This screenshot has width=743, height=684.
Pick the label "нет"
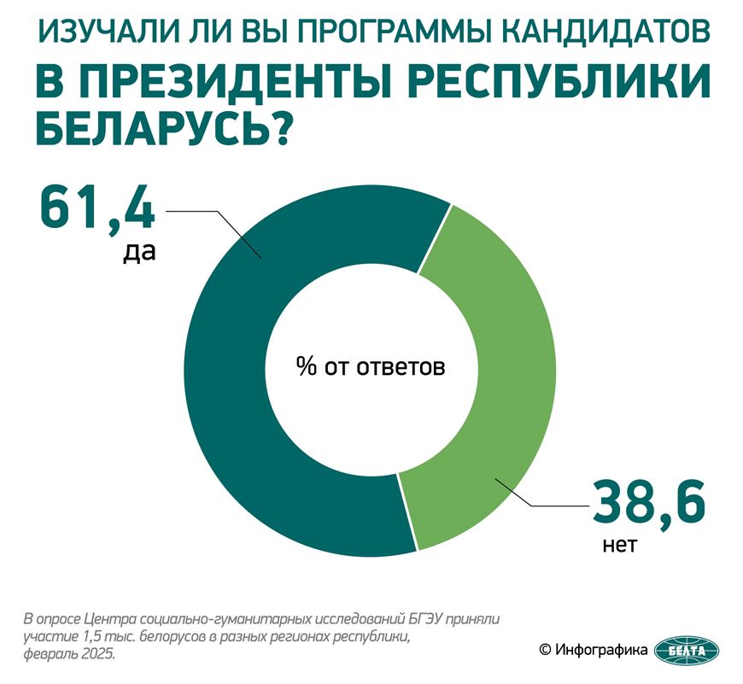pos(619,544)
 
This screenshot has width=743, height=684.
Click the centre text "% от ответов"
pos(371,368)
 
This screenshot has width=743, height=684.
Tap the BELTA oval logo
pos(687,652)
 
